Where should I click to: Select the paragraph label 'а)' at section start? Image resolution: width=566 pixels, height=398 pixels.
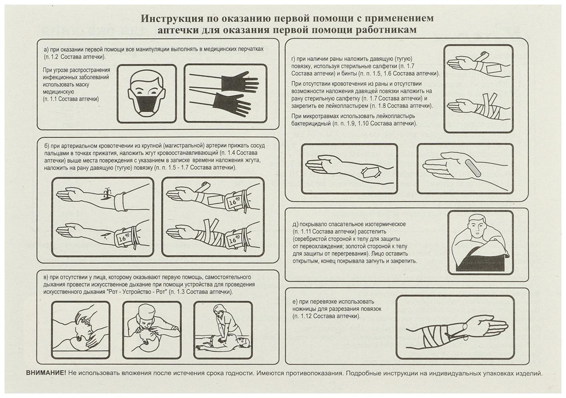[x=46, y=49]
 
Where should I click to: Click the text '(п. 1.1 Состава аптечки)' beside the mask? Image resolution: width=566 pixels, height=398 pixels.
[x=71, y=99]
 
